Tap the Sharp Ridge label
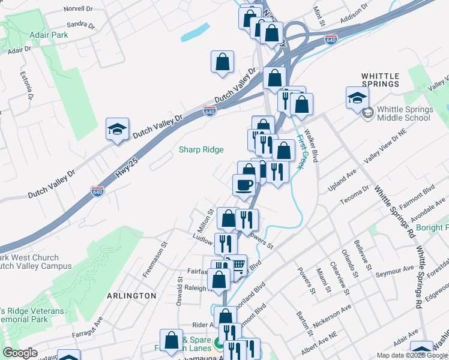[x=201, y=149]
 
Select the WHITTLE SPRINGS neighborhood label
[x=381, y=80]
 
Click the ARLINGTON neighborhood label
[x=131, y=296]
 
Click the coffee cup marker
[x=244, y=185]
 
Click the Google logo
[x=20, y=353]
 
